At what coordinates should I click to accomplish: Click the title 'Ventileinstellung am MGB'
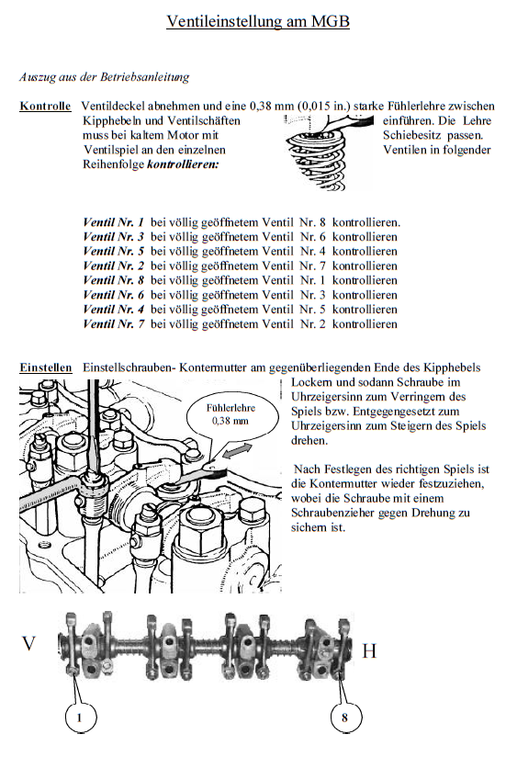coord(257,21)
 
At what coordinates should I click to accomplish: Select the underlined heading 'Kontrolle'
coord(45,107)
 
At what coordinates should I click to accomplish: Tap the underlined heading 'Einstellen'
coord(46,367)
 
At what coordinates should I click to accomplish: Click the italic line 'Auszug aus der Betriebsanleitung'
coord(104,77)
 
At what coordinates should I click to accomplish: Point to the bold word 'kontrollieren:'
coord(183,164)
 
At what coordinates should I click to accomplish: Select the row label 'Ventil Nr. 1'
coord(113,222)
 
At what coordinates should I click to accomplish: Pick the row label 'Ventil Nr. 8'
coord(113,280)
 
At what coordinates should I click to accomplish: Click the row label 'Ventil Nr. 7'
coord(113,324)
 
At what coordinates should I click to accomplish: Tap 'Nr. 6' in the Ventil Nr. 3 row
coord(312,237)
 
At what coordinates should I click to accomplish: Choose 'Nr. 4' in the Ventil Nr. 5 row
coord(312,252)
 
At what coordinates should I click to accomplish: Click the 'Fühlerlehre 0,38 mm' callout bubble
coord(231,414)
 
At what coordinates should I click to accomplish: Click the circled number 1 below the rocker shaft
coord(80,717)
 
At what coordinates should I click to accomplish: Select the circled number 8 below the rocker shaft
coord(345,717)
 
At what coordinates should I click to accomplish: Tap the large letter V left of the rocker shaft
coord(28,644)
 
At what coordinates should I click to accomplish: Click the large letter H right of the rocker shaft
coord(369,651)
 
